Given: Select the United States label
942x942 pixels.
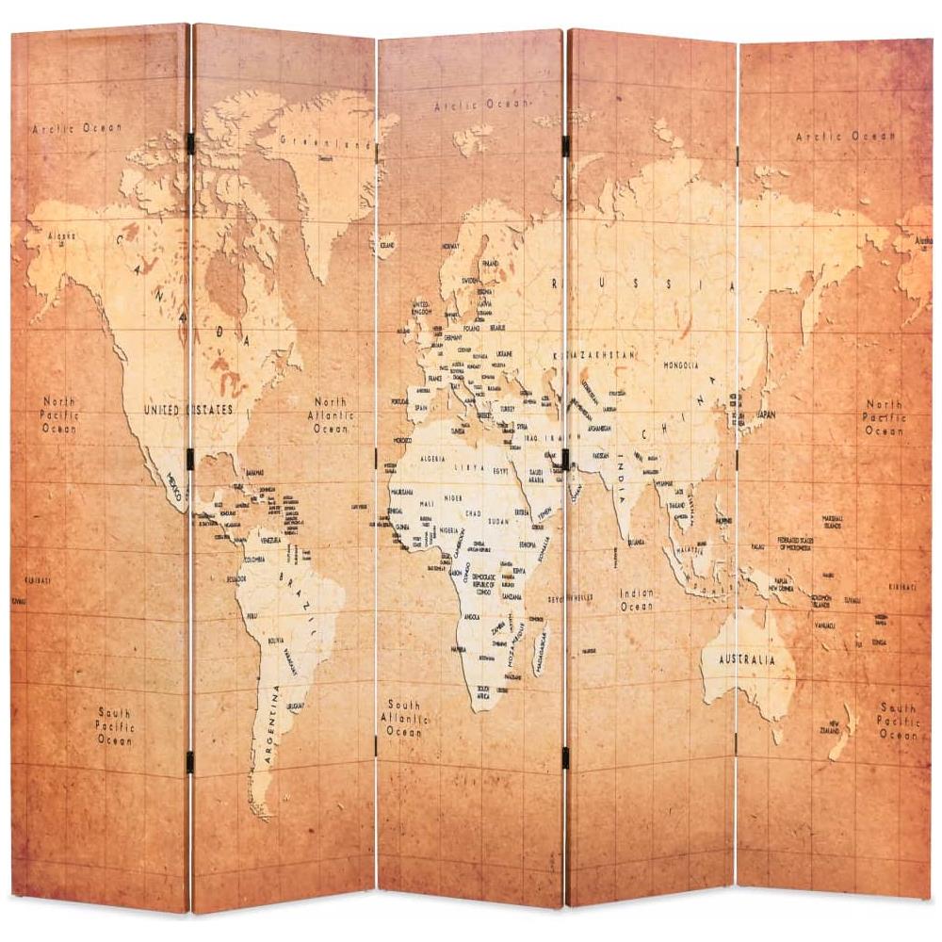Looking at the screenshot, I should click(187, 410).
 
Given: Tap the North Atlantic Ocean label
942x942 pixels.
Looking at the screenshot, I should click(331, 414).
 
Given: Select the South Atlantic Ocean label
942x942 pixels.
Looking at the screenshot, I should click(405, 718).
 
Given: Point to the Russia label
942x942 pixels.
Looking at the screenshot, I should click(641, 284).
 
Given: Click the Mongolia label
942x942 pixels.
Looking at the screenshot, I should click(680, 365).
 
